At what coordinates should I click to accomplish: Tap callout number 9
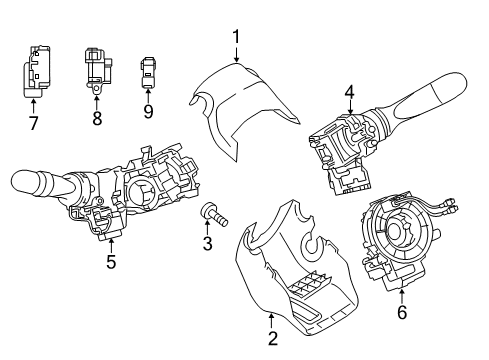(148, 111)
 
